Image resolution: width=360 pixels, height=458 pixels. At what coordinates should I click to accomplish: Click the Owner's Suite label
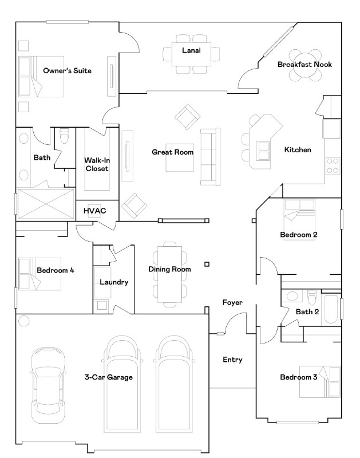(67, 71)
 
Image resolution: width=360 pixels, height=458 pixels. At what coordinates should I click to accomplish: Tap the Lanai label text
(191, 50)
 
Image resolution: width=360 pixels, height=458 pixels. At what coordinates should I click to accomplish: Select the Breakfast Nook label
(304, 65)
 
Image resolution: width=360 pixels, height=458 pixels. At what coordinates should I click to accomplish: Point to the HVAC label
(95, 210)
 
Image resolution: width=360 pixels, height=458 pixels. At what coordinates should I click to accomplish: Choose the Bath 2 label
(307, 312)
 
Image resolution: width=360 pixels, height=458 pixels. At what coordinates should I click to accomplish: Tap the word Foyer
(232, 302)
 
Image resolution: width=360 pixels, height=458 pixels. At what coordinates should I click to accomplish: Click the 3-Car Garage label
(109, 377)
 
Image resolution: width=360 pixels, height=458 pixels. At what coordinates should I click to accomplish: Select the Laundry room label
(114, 282)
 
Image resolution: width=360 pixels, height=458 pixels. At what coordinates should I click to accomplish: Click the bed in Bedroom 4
(32, 273)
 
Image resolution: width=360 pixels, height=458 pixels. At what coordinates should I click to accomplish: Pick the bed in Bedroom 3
(321, 382)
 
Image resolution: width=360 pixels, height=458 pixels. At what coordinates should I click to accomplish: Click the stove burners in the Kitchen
(333, 166)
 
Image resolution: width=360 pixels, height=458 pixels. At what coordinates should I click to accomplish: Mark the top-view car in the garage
(47, 387)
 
